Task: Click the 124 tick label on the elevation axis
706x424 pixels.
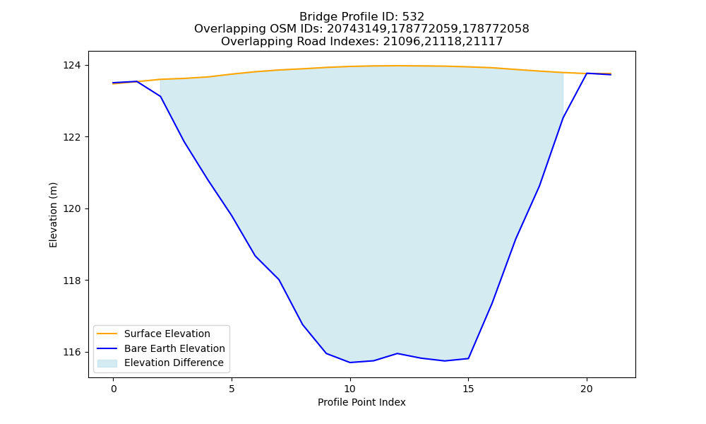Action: pyautogui.click(x=72, y=65)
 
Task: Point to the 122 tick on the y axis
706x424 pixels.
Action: pyautogui.click(x=72, y=137)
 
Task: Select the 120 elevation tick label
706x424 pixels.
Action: pyautogui.click(x=72, y=208)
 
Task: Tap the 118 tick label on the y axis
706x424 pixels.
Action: pyautogui.click(x=72, y=281)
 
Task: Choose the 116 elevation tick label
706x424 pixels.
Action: pyautogui.click(x=72, y=352)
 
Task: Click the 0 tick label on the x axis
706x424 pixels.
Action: pyautogui.click(x=114, y=389)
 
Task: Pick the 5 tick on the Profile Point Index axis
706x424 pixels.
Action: pyautogui.click(x=232, y=389)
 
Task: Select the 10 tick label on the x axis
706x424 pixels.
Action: pyautogui.click(x=350, y=389)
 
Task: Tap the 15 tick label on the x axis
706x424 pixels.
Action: pyautogui.click(x=468, y=389)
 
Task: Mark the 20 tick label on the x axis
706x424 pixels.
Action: pyautogui.click(x=587, y=389)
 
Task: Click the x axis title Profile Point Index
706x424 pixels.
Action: pyautogui.click(x=361, y=402)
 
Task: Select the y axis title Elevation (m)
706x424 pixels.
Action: pyautogui.click(x=53, y=215)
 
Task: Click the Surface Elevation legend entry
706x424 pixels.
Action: pyautogui.click(x=167, y=334)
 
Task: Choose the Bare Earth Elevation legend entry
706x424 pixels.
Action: pyautogui.click(x=174, y=348)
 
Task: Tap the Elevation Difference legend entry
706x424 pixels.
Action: pyautogui.click(x=174, y=363)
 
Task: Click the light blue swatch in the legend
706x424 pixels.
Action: pyautogui.click(x=107, y=363)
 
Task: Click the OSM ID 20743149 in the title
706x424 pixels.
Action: pyautogui.click(x=355, y=29)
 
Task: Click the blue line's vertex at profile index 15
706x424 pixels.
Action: pyautogui.click(x=468, y=359)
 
